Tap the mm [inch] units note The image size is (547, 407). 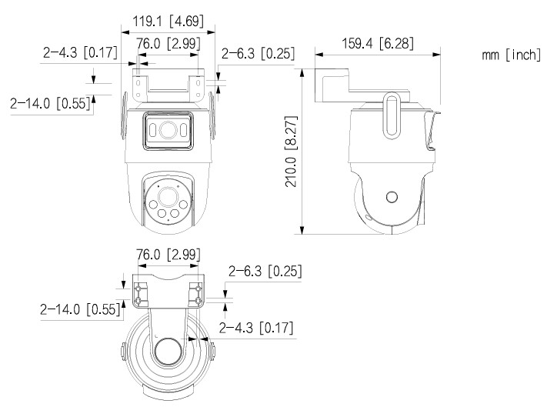(x=510, y=55)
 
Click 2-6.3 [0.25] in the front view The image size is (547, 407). (x=258, y=54)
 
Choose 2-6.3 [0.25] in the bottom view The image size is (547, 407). (x=265, y=271)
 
